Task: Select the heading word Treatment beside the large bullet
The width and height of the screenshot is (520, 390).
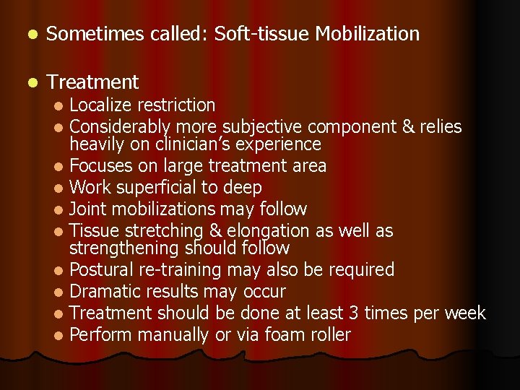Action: [92, 82]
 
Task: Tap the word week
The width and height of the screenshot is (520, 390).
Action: [465, 313]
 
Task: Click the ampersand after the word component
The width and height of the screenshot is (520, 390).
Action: [407, 127]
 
